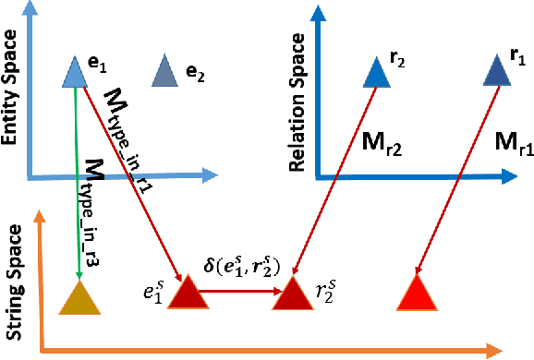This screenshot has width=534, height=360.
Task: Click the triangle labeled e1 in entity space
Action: [x=73, y=73]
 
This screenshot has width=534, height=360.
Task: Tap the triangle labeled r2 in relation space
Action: [x=374, y=73]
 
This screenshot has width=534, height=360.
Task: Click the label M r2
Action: [x=381, y=141]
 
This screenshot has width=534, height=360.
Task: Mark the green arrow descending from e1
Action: [x=76, y=175]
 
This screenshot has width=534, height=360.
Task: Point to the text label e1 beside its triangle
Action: [x=98, y=64]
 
